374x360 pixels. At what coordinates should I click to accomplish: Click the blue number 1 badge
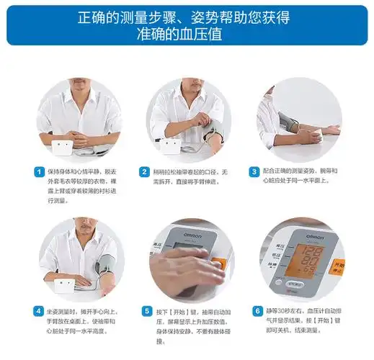coord(40,171)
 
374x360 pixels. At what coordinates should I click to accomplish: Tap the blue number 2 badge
coord(145,171)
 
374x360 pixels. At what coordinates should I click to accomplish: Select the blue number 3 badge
coord(254,171)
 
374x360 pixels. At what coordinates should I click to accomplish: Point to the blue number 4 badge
coord(40,311)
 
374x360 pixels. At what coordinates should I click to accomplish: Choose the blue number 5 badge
coord(145,311)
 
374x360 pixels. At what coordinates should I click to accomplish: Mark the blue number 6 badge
coord(257,311)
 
